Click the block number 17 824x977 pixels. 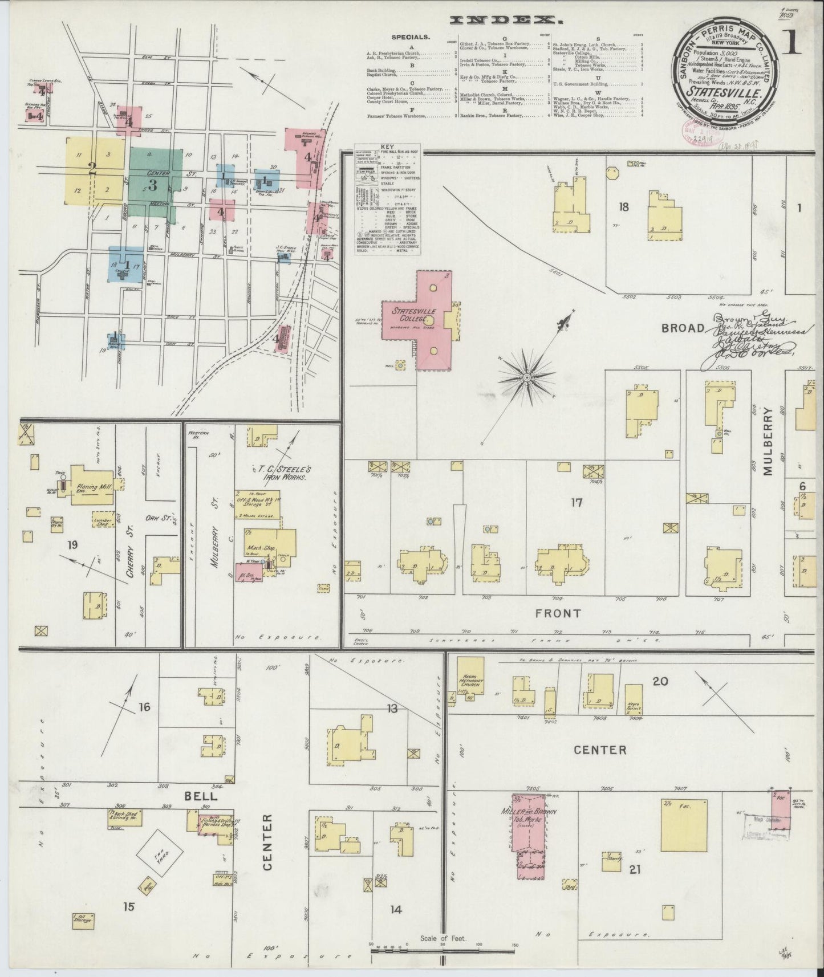tap(577, 503)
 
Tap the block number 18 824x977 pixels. tap(624, 207)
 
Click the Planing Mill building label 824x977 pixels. tap(94, 480)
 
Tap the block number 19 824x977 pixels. tap(72, 546)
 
